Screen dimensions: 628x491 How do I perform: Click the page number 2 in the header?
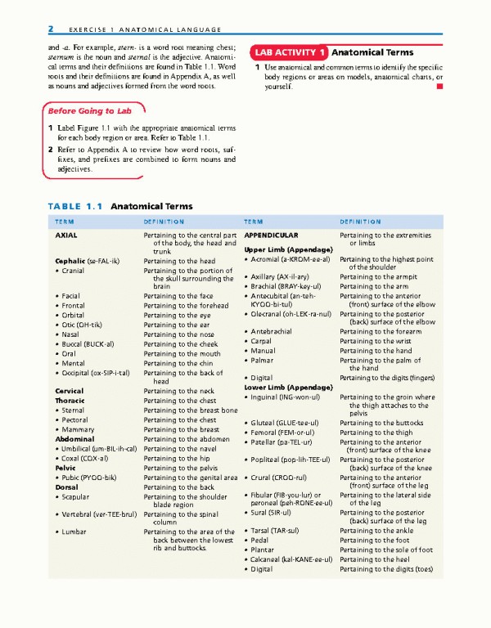[x=51, y=29]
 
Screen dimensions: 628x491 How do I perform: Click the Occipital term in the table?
[x=92, y=373]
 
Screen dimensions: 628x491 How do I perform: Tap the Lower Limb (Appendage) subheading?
[x=287, y=386]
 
